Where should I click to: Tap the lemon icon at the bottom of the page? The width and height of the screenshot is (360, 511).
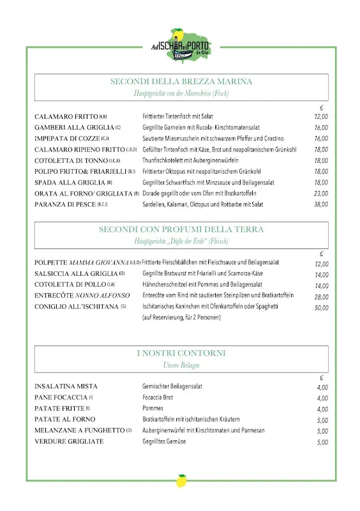click(x=181, y=480)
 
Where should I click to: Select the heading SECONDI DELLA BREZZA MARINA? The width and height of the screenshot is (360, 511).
click(x=181, y=82)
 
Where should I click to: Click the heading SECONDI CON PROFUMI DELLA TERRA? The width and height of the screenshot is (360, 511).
click(x=181, y=229)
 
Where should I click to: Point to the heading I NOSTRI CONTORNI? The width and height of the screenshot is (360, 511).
click(x=181, y=353)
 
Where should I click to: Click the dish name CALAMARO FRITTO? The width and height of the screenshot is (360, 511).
click(x=66, y=117)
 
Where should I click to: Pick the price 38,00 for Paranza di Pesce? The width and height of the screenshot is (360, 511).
click(x=321, y=204)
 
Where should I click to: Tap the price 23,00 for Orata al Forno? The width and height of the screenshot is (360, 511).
click(x=321, y=194)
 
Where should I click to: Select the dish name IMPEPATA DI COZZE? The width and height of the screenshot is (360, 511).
click(x=67, y=139)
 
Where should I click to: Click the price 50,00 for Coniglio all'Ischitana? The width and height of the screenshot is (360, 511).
click(x=321, y=308)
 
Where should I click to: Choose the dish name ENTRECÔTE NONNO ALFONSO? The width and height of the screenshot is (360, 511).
click(x=82, y=296)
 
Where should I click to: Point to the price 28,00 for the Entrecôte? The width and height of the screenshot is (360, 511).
click(x=321, y=297)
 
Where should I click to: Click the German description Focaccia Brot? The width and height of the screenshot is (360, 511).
click(x=158, y=397)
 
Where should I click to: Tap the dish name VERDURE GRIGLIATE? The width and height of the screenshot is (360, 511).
click(x=69, y=441)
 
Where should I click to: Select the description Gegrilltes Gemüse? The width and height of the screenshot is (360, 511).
click(x=164, y=441)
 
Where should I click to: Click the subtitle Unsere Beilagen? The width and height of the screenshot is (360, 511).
click(x=181, y=365)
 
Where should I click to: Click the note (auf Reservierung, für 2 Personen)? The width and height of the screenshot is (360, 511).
click(x=181, y=317)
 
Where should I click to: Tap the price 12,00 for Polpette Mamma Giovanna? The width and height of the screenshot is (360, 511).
click(x=321, y=264)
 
